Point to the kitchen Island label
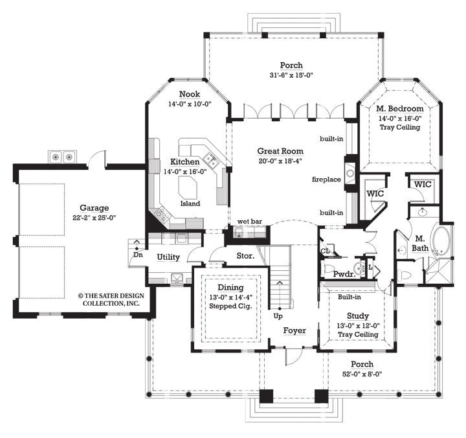[190, 203]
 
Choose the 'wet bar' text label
[250, 221]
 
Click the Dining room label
[230, 288]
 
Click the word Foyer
[294, 330]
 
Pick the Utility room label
[168, 257]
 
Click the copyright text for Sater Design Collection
[109, 298]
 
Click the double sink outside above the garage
[62, 156]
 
